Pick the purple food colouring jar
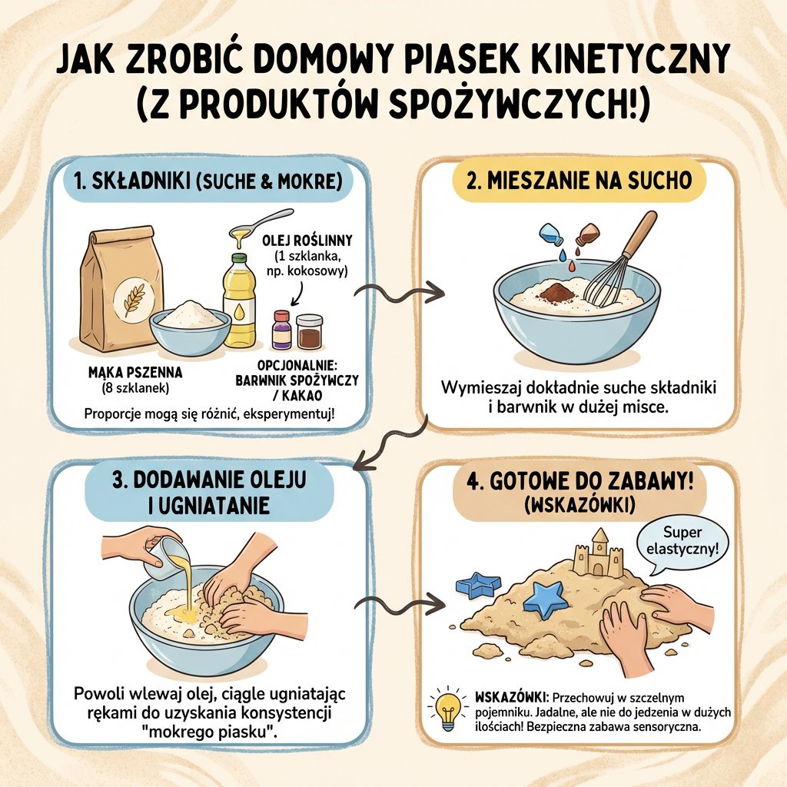(x=282, y=330)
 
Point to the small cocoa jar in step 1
(x=309, y=332)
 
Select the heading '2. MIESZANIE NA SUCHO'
(x=579, y=181)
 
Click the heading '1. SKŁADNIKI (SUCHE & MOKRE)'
(x=209, y=181)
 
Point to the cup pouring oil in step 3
(x=164, y=555)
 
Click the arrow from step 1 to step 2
(x=402, y=293)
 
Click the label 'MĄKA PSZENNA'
(x=136, y=373)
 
